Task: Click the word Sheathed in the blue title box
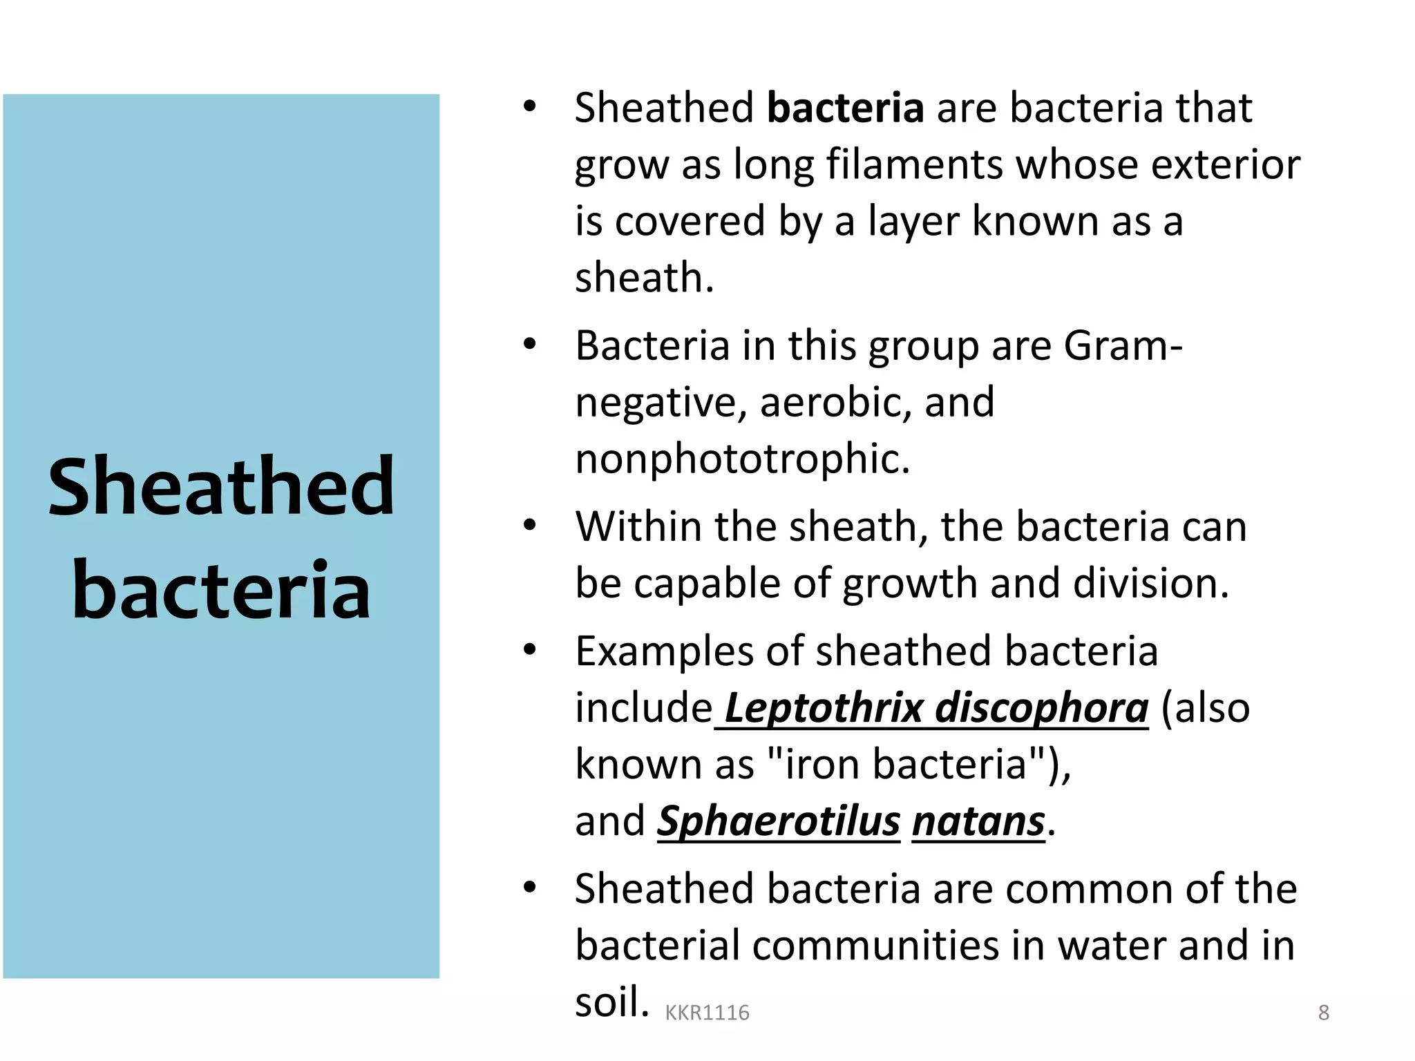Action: [221, 487]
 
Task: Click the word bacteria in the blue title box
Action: [221, 589]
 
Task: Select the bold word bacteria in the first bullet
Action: [845, 108]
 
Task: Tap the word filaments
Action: [915, 165]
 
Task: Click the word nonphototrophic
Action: [743, 459]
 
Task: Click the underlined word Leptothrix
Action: [824, 708]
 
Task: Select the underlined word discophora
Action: [1041, 708]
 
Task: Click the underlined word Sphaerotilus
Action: [779, 821]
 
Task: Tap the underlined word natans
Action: [978, 821]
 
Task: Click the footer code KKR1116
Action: [707, 1013]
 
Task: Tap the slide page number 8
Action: [1323, 1013]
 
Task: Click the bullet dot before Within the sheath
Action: [530, 526]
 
